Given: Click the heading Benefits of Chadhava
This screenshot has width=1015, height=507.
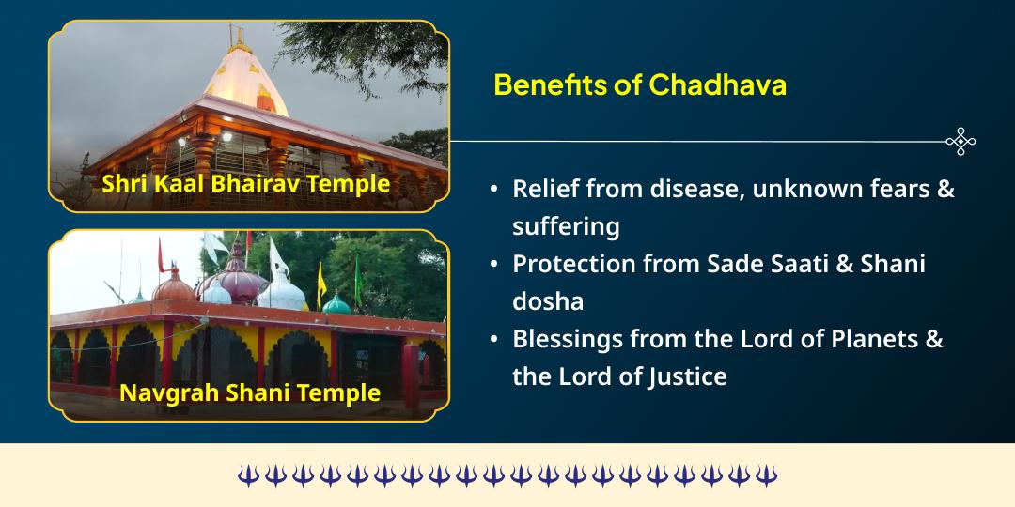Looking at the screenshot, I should pyautogui.click(x=640, y=84).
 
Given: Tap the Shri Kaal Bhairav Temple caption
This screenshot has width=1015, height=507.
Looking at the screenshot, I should pyautogui.click(x=245, y=182).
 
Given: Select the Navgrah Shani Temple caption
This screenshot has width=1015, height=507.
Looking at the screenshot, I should pyautogui.click(x=250, y=392).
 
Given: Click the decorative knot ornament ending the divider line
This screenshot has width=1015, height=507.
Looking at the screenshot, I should pyautogui.click(x=960, y=142).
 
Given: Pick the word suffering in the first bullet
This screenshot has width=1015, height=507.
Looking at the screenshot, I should pyautogui.click(x=566, y=226).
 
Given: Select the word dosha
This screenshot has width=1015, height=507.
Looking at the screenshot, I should pyautogui.click(x=548, y=301).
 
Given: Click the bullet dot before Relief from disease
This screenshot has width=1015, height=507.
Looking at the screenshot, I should pyautogui.click(x=494, y=189).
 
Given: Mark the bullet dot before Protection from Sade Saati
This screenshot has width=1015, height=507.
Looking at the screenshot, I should pyautogui.click(x=494, y=265).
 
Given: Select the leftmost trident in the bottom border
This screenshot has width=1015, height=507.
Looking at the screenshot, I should pyautogui.click(x=247, y=475).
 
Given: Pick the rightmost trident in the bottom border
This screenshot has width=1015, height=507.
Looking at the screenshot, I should pyautogui.click(x=767, y=475).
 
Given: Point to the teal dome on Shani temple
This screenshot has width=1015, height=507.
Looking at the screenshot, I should pyautogui.click(x=336, y=302).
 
